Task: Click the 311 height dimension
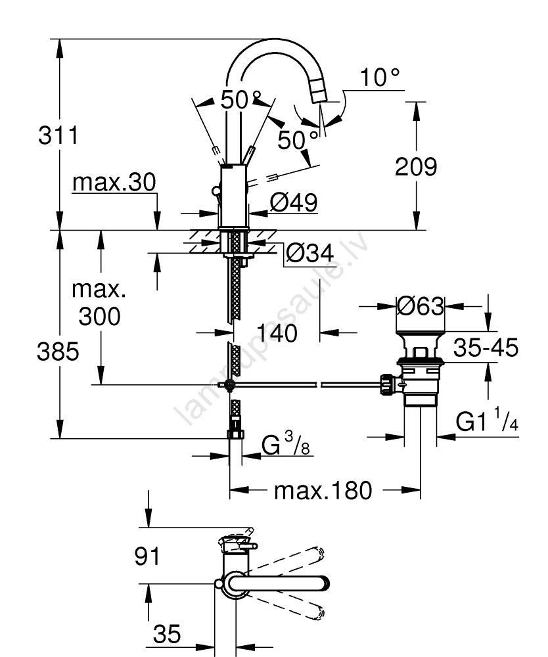[x=58, y=137]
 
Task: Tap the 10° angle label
[x=379, y=78]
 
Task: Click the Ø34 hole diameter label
[x=309, y=252]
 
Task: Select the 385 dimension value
[x=58, y=351]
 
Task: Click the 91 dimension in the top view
[x=147, y=557]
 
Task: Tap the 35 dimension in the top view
[x=167, y=635]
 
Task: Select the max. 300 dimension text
[x=100, y=303]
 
